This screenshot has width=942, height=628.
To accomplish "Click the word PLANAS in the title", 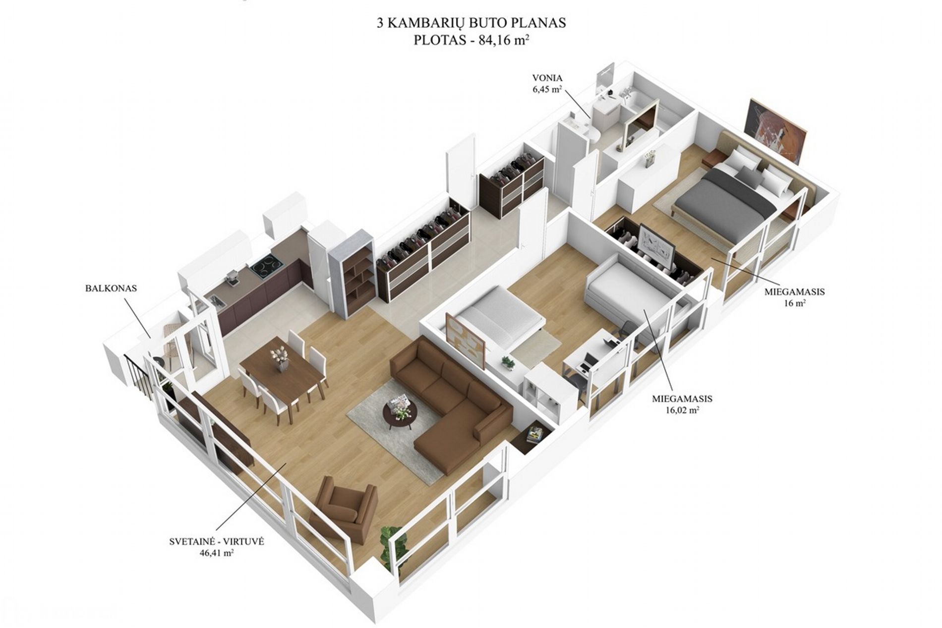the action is click(x=543, y=23).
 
